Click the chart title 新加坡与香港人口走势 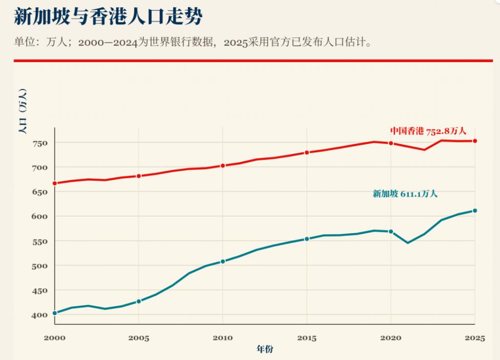tap(108, 16)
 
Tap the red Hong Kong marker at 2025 tap(475, 141)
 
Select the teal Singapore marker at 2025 tap(475, 211)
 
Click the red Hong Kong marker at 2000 tap(55, 183)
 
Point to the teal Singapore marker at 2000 tap(55, 313)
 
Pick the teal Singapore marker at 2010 tap(223, 261)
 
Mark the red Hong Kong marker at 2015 tap(307, 153)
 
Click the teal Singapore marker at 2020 tap(391, 232)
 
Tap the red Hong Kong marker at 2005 tap(139, 176)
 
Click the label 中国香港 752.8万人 tap(428, 131)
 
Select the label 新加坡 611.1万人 tap(405, 193)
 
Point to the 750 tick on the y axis tap(40, 143)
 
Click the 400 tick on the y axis tap(40, 315)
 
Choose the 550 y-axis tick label tap(40, 242)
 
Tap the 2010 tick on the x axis tap(223, 338)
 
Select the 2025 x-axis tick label tap(475, 338)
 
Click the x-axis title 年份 tap(265, 349)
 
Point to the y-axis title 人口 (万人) tap(23, 111)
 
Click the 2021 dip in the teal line tap(408, 243)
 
